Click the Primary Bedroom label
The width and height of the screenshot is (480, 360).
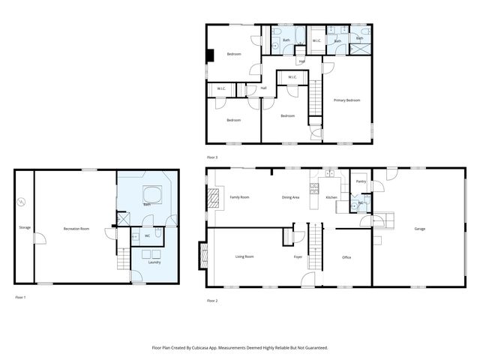(346, 100)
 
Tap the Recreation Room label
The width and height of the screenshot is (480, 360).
(76, 228)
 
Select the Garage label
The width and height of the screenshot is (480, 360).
(421, 228)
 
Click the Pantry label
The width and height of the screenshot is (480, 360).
(361, 181)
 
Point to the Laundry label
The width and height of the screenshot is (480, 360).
(154, 262)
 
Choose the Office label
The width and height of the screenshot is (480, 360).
(346, 257)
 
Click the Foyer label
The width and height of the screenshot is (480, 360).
(298, 257)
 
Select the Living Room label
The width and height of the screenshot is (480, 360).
(244, 256)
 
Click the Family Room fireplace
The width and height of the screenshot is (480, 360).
(213, 198)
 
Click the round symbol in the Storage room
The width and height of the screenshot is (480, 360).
(22, 201)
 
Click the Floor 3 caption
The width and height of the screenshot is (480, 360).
(212, 157)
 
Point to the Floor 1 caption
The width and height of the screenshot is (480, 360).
(20, 298)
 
